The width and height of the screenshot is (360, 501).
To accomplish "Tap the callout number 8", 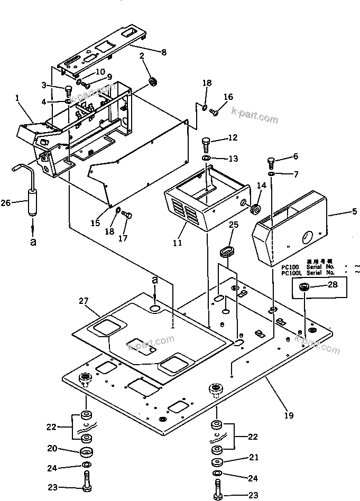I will (163, 52).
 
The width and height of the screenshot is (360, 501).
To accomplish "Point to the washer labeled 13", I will (206, 158).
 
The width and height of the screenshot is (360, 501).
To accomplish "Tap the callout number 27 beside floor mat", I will (83, 301).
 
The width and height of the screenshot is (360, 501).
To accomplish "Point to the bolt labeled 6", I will (271, 159).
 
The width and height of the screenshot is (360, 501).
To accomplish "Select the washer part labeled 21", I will (217, 461).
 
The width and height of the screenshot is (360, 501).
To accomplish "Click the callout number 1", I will (17, 98).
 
